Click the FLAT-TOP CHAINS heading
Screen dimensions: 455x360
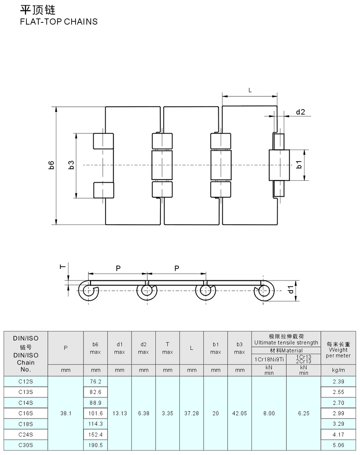pyautogui.click(x=59, y=22)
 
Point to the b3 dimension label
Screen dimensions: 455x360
pyautogui.click(x=71, y=165)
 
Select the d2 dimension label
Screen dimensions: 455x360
pyautogui.click(x=300, y=112)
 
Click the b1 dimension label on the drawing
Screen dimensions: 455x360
pyautogui.click(x=298, y=165)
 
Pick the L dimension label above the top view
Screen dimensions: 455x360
pyautogui.click(x=250, y=90)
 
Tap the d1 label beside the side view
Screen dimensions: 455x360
pyautogui.click(x=292, y=289)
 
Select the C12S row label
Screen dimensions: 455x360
pyautogui.click(x=26, y=381)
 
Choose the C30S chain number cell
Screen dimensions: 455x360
pyautogui.click(x=26, y=445)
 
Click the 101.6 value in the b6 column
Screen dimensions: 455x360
pyautogui.click(x=95, y=413)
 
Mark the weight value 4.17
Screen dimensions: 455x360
pyautogui.click(x=338, y=435)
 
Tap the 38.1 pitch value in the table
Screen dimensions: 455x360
pyautogui.click(x=66, y=413)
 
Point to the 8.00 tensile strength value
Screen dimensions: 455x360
pyautogui.click(x=269, y=413)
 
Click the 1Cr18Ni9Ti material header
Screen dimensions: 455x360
pyautogui.click(x=269, y=359)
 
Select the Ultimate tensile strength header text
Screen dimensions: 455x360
pyautogui.click(x=286, y=342)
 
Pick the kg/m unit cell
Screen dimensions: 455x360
pyautogui.click(x=338, y=370)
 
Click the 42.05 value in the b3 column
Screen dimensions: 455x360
pyautogui.click(x=239, y=413)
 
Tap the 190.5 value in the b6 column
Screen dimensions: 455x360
pyautogui.click(x=95, y=445)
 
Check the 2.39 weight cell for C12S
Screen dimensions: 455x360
pyautogui.click(x=338, y=381)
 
